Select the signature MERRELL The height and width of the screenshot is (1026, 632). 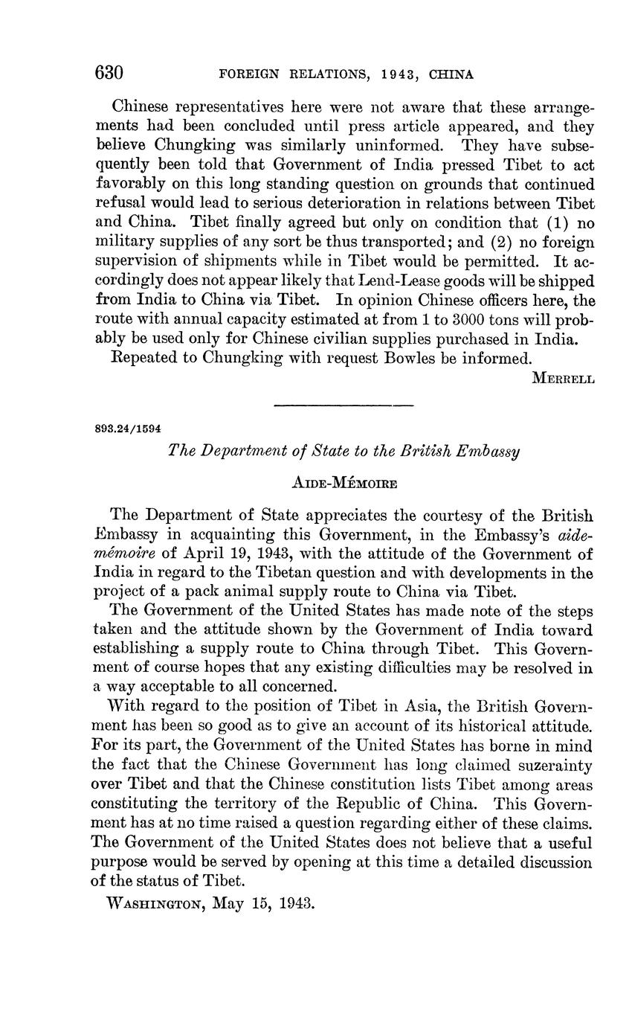coord(564,378)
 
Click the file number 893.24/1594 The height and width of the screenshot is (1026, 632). coord(128,429)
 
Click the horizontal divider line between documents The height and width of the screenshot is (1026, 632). coord(343,405)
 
